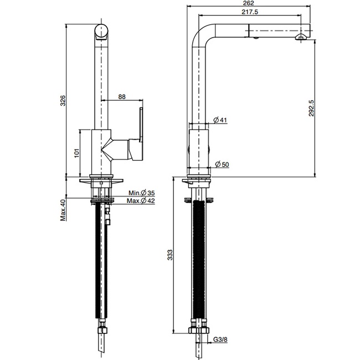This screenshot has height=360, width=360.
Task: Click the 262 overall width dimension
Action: [x=249, y=3]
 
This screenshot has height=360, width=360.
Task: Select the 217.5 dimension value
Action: [x=250, y=12]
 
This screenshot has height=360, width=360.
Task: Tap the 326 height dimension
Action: [x=63, y=101]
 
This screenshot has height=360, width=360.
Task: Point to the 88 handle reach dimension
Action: [x=122, y=97]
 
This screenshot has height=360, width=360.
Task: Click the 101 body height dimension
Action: [x=76, y=153]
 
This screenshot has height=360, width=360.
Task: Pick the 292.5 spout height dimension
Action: [x=311, y=108]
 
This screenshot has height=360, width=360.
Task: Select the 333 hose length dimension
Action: [x=170, y=255]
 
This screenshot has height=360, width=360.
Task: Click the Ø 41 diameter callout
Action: [x=220, y=120]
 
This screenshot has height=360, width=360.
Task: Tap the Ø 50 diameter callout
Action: [x=222, y=164]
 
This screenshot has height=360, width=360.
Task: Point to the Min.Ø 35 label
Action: [x=141, y=193]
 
